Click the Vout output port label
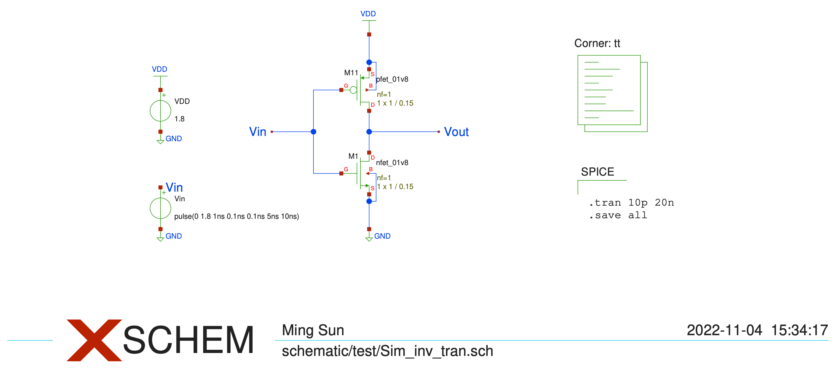(456, 132)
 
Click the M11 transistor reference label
(351, 73)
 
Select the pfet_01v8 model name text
(392, 79)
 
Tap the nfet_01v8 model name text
(392, 162)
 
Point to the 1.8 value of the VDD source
(179, 119)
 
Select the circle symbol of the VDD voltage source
(160, 111)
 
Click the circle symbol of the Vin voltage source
(160, 208)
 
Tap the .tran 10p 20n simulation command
(631, 203)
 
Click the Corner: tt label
(597, 43)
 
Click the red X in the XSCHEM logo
(94, 340)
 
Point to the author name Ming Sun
(313, 330)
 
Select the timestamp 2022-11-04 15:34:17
(757, 330)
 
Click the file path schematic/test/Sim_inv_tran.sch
(387, 351)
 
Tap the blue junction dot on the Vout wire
(369, 132)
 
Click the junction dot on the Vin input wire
(313, 132)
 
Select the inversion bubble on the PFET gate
(353, 90)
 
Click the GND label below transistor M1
(382, 236)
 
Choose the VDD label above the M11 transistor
(368, 14)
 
